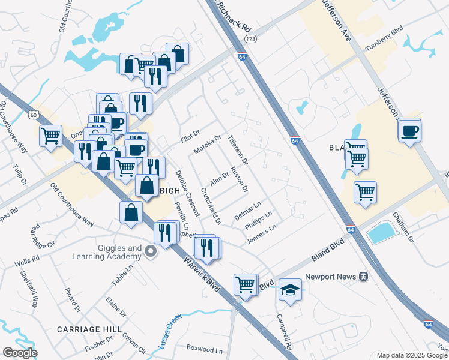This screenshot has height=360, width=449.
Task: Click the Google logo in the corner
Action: (x=20, y=353)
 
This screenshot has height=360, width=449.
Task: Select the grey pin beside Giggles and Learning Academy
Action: (x=151, y=253)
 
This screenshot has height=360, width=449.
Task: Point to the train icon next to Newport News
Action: (x=363, y=277)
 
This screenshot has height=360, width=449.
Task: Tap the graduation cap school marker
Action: (x=291, y=290)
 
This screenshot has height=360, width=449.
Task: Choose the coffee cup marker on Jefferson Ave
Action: (x=410, y=131)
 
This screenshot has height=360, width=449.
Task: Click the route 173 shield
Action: (x=250, y=39)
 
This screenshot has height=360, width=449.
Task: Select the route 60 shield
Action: (x=34, y=114)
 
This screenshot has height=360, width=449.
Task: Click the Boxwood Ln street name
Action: (x=204, y=349)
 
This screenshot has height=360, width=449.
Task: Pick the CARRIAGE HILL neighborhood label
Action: (x=89, y=329)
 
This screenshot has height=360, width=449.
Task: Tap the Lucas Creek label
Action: (x=170, y=334)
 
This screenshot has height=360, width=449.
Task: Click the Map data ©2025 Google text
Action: (x=412, y=355)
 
